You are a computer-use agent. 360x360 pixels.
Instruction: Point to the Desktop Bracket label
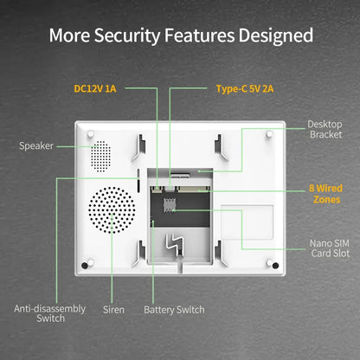(x=325, y=129)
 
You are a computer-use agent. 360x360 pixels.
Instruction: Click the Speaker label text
(x=36, y=145)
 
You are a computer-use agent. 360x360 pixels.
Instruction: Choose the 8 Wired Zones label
(x=325, y=192)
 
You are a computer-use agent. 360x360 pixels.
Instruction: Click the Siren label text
(x=113, y=309)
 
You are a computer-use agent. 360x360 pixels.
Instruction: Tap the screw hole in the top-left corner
(x=90, y=133)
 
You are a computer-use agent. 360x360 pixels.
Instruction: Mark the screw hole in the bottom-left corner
(x=87, y=264)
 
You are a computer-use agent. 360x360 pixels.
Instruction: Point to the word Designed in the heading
(x=281, y=36)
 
